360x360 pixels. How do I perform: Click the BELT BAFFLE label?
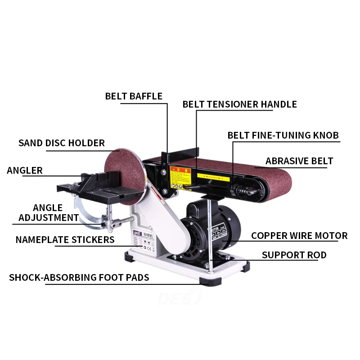coord(134,96)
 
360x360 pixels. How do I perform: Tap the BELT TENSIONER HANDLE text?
coord(239,104)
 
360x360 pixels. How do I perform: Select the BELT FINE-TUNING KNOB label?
coord(283,135)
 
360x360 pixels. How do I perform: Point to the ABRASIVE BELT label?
coord(299,161)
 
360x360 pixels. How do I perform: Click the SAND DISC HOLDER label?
coord(62,143)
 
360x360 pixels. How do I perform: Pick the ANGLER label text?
coord(25,171)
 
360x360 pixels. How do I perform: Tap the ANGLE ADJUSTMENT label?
coord(48,213)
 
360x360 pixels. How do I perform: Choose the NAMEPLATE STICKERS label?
coord(65,240)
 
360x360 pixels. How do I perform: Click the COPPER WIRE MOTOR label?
coord(299,236)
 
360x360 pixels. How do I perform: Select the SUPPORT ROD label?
coord(294,255)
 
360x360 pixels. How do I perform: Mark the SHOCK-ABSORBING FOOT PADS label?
coord(79,278)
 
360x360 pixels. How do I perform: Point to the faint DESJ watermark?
coord(180,297)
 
